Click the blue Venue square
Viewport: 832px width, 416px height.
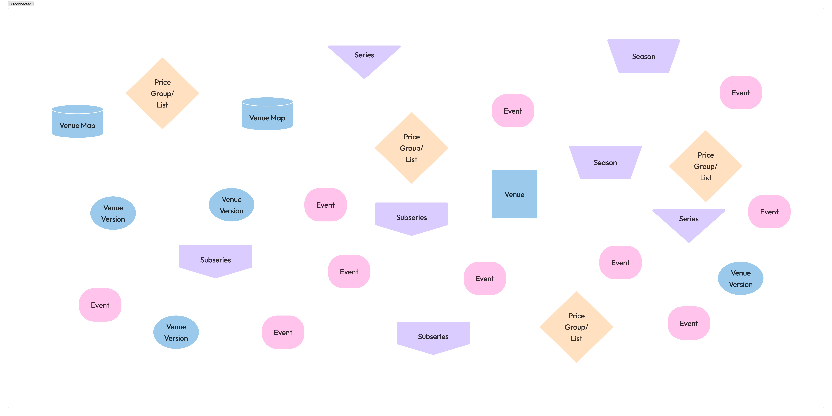[514, 194]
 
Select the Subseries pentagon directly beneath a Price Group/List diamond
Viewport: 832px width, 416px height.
[411, 217]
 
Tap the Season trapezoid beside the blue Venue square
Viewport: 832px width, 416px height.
[605, 162]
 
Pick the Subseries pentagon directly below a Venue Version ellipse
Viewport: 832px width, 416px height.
[215, 260]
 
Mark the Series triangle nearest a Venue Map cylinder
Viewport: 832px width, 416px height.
[364, 58]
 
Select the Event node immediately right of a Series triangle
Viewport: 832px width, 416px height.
[769, 212]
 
